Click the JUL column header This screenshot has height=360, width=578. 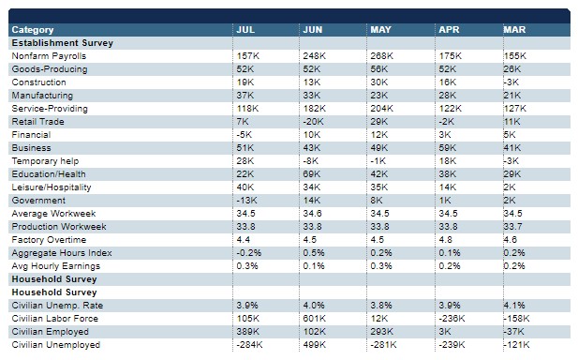coord(245,29)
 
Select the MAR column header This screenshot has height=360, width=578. coord(514,29)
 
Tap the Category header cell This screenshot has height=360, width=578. coord(33,30)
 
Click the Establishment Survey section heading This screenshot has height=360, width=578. coord(63,43)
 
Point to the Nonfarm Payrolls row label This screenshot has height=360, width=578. coord(49,56)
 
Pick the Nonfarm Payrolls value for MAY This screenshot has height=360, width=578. coord(382,56)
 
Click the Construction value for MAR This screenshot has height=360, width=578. coord(511,82)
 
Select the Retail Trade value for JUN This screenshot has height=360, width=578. coord(313,122)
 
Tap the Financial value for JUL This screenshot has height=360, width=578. coord(245,135)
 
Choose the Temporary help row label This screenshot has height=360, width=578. coord(45,161)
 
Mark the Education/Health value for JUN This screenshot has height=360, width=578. coord(312,174)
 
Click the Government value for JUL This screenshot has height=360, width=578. coord(247,201)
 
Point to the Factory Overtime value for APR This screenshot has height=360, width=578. coord(445,240)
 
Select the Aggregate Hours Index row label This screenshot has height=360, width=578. coord(62,253)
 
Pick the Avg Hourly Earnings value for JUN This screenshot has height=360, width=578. coord(314,266)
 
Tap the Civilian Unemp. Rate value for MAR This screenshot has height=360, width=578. coord(514,306)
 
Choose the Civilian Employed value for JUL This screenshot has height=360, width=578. coord(248,332)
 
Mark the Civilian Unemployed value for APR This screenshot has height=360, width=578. coord(452,345)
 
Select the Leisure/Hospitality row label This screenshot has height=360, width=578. coord(52,187)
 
